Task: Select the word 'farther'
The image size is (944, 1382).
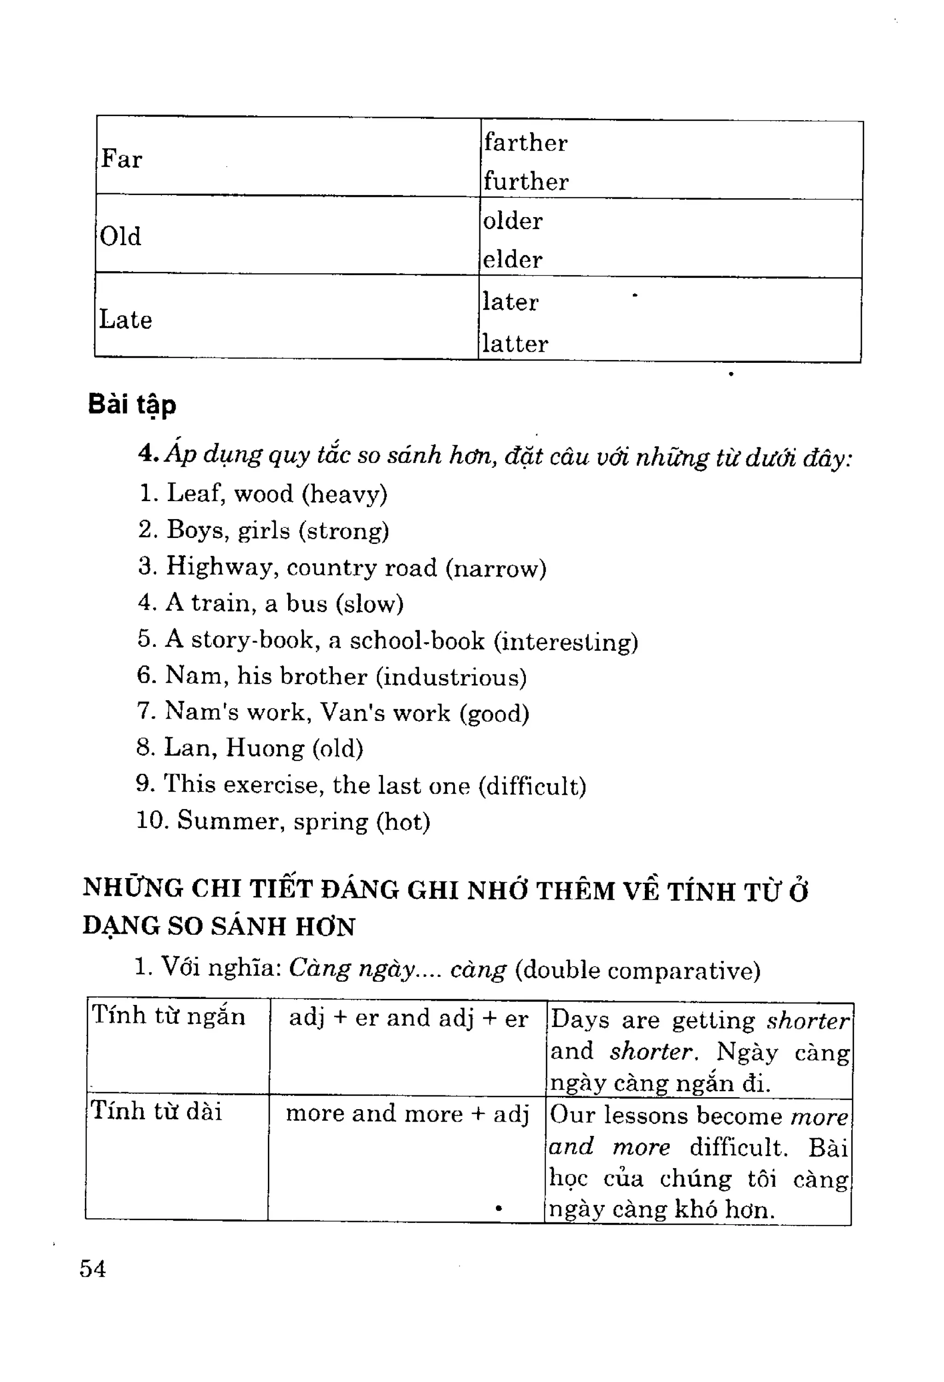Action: (525, 143)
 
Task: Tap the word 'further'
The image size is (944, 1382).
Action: (525, 181)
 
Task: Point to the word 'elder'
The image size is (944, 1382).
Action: (513, 260)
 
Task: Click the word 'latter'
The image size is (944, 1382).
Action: (515, 344)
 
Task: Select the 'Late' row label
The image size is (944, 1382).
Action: (125, 319)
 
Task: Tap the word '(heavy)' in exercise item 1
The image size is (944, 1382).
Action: (345, 494)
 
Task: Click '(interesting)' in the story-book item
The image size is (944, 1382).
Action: (566, 641)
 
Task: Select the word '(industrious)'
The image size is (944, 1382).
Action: (452, 677)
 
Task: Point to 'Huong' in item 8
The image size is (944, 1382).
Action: (265, 748)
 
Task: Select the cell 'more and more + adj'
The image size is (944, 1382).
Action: (407, 1113)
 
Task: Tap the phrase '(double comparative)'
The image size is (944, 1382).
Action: (637, 970)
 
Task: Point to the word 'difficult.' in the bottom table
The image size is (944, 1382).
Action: (738, 1146)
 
